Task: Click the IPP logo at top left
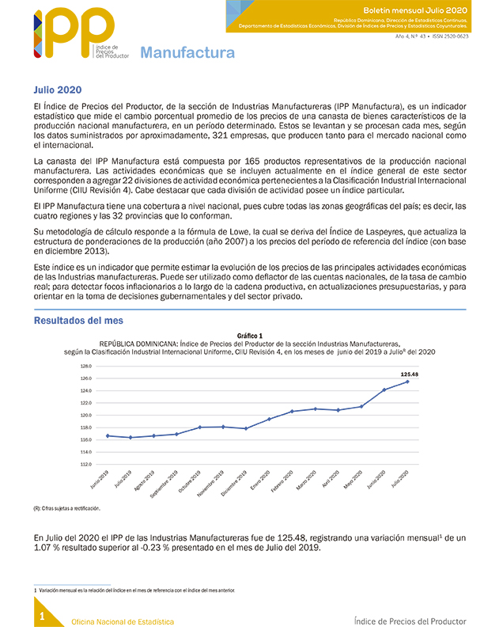71,36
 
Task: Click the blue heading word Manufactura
187,53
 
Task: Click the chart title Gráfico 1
249,336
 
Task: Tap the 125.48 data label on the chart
409,374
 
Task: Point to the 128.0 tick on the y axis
87,367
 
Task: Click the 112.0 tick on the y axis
87,464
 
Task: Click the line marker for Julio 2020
407,382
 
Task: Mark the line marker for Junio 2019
108,435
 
